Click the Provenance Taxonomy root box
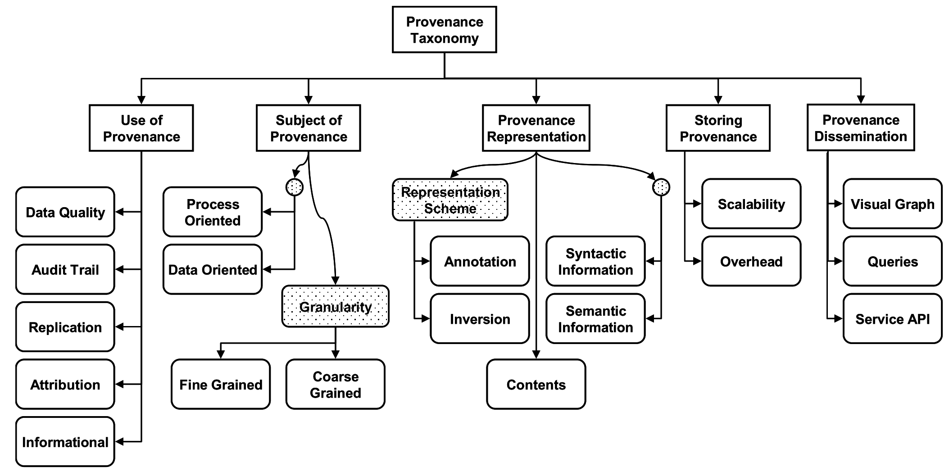point(444,30)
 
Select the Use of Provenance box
point(141,128)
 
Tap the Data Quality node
point(65,212)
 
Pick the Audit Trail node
point(65,269)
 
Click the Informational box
point(65,442)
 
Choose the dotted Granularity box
point(335,307)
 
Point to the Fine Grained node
point(221,384)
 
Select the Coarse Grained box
point(336,384)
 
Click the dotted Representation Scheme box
point(450,200)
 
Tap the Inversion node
point(480,319)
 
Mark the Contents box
point(536,384)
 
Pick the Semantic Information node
point(595,319)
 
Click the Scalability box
point(751,204)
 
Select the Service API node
point(892,319)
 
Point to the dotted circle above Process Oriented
point(295,187)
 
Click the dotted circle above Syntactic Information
point(661,187)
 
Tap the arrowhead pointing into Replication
point(120,327)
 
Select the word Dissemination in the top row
point(860,136)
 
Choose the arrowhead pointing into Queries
point(838,261)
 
